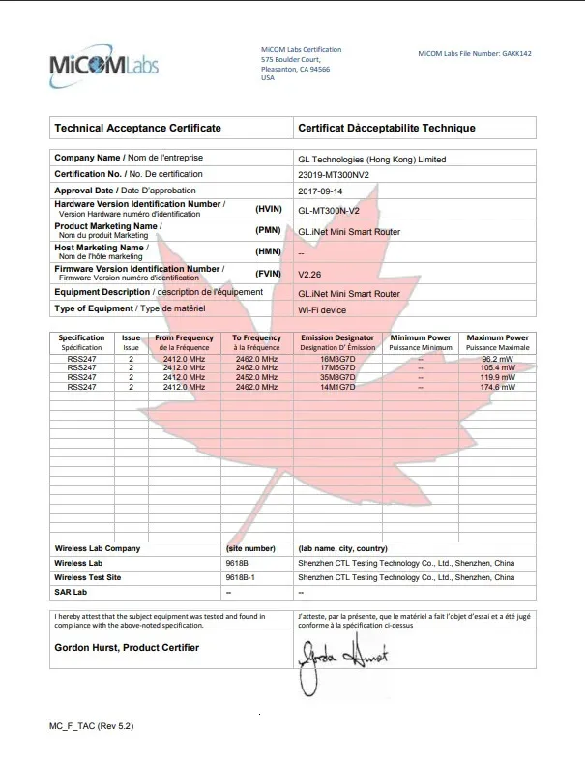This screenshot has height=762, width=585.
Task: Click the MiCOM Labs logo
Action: [x=103, y=65]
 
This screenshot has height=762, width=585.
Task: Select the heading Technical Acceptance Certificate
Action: [x=138, y=128]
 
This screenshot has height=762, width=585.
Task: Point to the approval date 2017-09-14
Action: [x=321, y=191]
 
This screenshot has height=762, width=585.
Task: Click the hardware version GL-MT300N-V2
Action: [x=329, y=210]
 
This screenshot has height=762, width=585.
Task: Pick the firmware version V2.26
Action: [x=310, y=273]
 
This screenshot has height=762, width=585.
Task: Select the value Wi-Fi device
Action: [x=322, y=309]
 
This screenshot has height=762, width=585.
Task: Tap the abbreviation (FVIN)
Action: [x=268, y=273]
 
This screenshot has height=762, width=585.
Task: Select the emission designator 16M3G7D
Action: [x=337, y=360]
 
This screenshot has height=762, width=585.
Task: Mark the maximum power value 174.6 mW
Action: [x=497, y=387]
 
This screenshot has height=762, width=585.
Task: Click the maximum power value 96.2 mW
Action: [x=497, y=360]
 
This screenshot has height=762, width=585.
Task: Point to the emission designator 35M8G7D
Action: [x=337, y=378]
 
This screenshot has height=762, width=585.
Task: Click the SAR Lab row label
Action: [x=71, y=591]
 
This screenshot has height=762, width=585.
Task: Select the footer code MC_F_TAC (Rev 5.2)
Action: [x=92, y=724]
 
